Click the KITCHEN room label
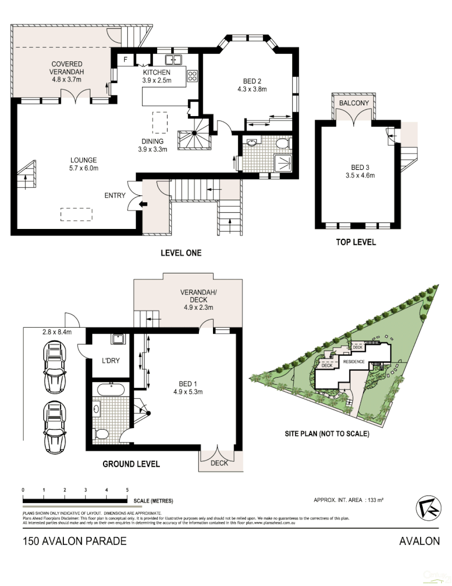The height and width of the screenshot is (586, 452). (x=157, y=73)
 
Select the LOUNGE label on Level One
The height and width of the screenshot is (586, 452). (x=83, y=160)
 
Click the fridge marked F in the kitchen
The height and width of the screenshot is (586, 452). (x=126, y=59)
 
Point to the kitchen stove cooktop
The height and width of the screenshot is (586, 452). (x=192, y=77)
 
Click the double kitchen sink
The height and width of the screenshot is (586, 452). (x=173, y=59)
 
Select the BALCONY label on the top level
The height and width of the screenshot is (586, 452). (x=354, y=103)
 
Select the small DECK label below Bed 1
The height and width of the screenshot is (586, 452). (x=219, y=463)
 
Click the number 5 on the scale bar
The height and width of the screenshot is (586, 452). (x=127, y=490)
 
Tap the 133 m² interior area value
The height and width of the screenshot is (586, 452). (x=375, y=500)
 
